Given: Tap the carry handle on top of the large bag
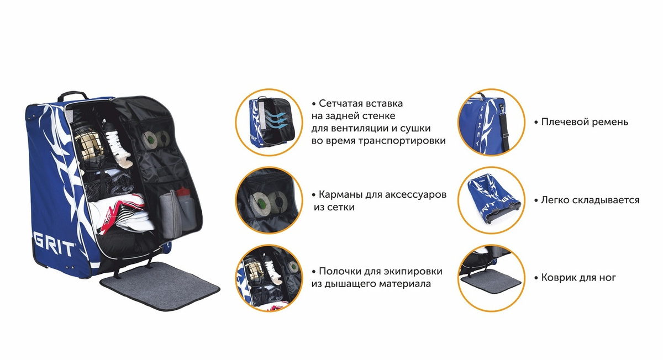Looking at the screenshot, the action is click(73, 95).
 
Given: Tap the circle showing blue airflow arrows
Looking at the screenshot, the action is click(269, 122).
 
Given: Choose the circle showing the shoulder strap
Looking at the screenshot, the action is click(491, 122).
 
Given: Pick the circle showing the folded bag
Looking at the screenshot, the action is click(491, 200).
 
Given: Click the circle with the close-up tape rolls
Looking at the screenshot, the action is click(269, 200).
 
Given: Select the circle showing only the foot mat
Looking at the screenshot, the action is click(491, 278).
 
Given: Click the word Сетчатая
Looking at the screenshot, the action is click(340, 104).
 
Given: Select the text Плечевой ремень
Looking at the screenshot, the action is click(585, 122).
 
